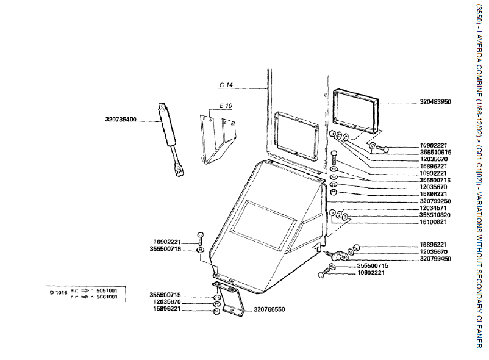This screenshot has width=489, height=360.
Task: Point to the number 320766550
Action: [x=269, y=309]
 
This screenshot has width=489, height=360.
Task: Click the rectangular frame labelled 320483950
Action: [x=357, y=110]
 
